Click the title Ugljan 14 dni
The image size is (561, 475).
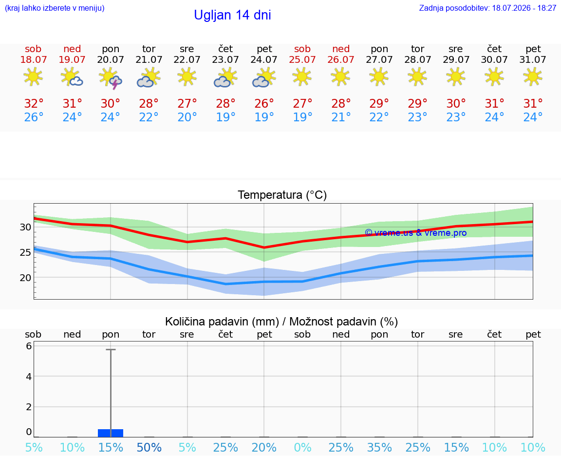[233, 15]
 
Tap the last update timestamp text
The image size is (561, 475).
[487, 8]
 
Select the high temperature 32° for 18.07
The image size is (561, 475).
[34, 103]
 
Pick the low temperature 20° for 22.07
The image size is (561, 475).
[187, 117]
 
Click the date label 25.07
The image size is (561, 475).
[302, 59]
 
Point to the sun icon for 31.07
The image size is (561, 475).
[533, 76]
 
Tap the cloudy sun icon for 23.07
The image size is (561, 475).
[225, 78]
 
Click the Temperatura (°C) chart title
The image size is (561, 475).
[282, 195]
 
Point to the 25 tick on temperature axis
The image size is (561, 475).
[25, 252]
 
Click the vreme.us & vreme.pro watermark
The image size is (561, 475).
[416, 233]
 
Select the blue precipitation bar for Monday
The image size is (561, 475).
[111, 433]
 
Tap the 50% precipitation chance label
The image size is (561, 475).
[149, 447]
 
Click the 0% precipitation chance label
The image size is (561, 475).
[302, 447]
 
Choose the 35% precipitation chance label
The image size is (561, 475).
[379, 447]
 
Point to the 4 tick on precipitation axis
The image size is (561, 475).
[29, 376]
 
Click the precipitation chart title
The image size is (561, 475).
[281, 322]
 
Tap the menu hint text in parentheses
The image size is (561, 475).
[55, 8]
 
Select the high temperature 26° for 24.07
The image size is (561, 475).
[264, 103]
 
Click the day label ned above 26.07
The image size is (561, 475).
[341, 49]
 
